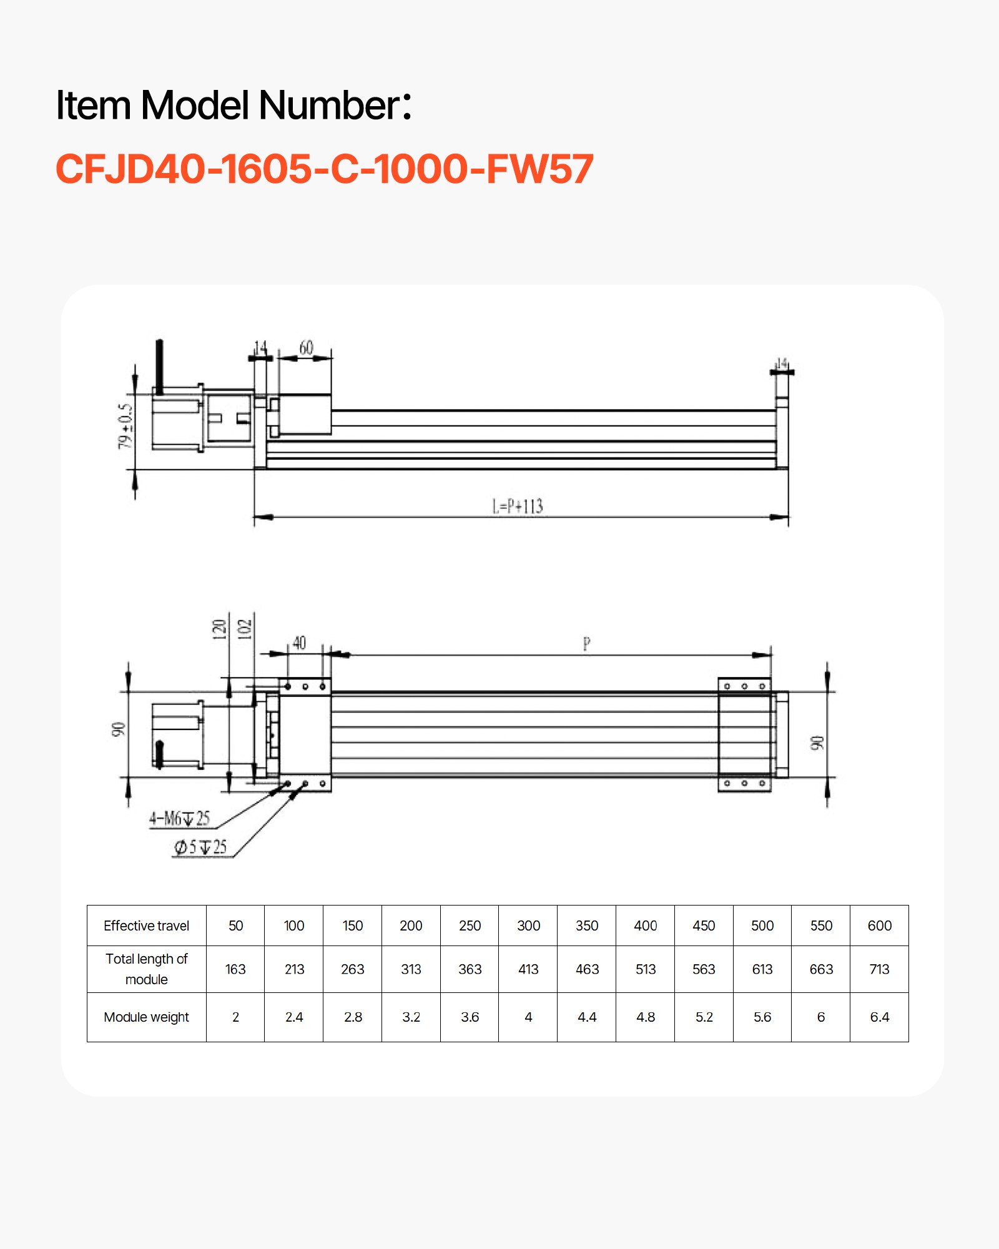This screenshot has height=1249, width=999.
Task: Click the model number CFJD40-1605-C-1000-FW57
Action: click(325, 169)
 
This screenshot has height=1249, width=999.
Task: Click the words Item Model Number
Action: click(233, 105)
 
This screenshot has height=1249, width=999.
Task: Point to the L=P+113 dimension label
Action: click(518, 506)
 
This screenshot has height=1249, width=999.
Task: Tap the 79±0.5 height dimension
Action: click(125, 426)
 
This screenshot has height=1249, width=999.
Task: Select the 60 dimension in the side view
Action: click(306, 348)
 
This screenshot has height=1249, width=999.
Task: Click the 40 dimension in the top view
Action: click(300, 643)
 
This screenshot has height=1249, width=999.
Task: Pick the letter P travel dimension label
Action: click(586, 643)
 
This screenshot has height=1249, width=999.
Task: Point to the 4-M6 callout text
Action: click(179, 818)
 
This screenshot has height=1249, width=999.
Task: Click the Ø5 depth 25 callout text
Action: click(200, 847)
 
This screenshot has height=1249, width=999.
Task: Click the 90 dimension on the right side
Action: click(817, 743)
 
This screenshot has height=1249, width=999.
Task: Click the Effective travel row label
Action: click(146, 926)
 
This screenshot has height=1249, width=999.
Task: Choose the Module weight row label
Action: click(146, 1017)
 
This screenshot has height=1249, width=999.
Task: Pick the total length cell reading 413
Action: click(528, 969)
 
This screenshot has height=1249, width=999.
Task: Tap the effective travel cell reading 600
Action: click(879, 926)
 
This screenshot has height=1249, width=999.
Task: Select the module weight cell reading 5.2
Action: click(704, 1017)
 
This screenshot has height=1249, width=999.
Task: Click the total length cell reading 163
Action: click(235, 969)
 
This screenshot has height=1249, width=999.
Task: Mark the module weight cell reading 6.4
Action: click(879, 1017)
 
